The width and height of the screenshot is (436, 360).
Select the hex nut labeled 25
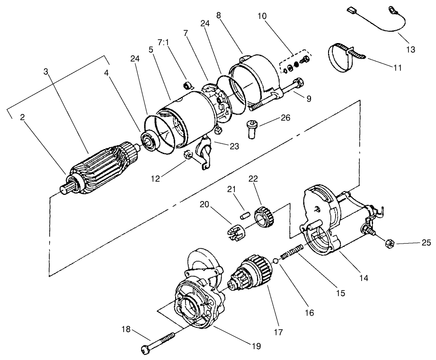tap(385, 244)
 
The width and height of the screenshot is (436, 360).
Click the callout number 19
tap(256, 346)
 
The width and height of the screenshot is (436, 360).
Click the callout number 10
tap(262, 16)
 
